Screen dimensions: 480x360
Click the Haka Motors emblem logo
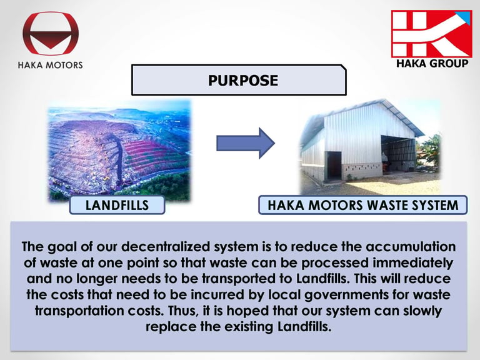(51, 33)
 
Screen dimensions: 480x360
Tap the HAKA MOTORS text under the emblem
(51, 65)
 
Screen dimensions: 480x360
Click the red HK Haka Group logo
(432, 34)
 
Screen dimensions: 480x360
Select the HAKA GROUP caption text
(432, 63)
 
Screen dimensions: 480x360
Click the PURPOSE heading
(243, 81)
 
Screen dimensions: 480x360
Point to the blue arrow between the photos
(246, 143)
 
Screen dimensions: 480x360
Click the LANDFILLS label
(117, 205)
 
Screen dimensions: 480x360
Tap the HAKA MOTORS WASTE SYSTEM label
(363, 205)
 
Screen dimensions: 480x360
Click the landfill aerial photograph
(119, 150)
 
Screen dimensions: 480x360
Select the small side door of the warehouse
(334, 165)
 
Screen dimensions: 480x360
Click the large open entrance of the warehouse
(398, 153)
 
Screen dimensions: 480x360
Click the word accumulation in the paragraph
(411, 247)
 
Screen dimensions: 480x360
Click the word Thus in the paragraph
(182, 311)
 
